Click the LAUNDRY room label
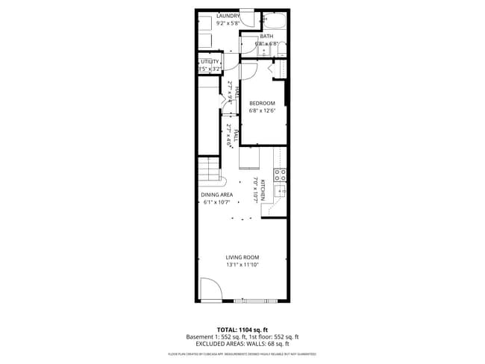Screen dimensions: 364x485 [228, 16]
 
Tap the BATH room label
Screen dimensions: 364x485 [266, 36]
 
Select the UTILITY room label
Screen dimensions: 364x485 [210, 61]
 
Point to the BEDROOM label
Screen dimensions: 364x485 [262, 103]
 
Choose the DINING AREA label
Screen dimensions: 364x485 [217, 195]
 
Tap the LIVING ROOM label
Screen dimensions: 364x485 [242, 257]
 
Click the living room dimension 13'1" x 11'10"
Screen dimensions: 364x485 [242, 265]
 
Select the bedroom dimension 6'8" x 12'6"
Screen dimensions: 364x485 [262, 110]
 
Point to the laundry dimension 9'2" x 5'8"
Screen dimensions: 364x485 [228, 23]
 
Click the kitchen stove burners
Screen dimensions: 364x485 [281, 175]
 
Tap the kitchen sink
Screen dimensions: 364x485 [281, 192]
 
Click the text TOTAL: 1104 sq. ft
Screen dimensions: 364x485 [242, 329]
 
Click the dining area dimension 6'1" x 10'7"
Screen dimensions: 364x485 [217, 202]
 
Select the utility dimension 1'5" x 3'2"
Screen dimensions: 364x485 [209, 69]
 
